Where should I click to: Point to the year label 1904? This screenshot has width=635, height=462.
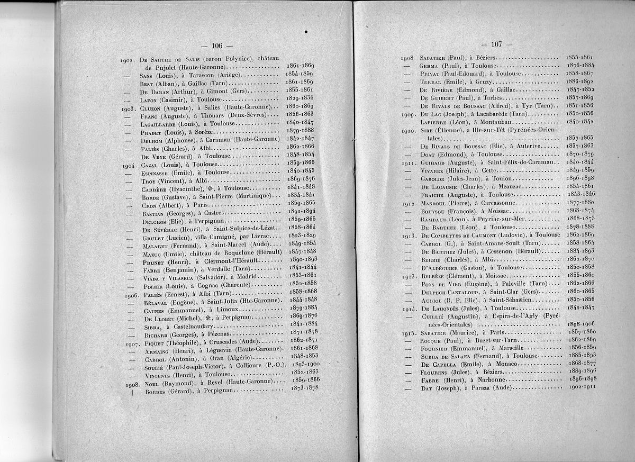(x=129, y=165)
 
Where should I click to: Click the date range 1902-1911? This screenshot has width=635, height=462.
(x=579, y=387)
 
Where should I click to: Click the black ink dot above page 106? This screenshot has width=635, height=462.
(x=306, y=33)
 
